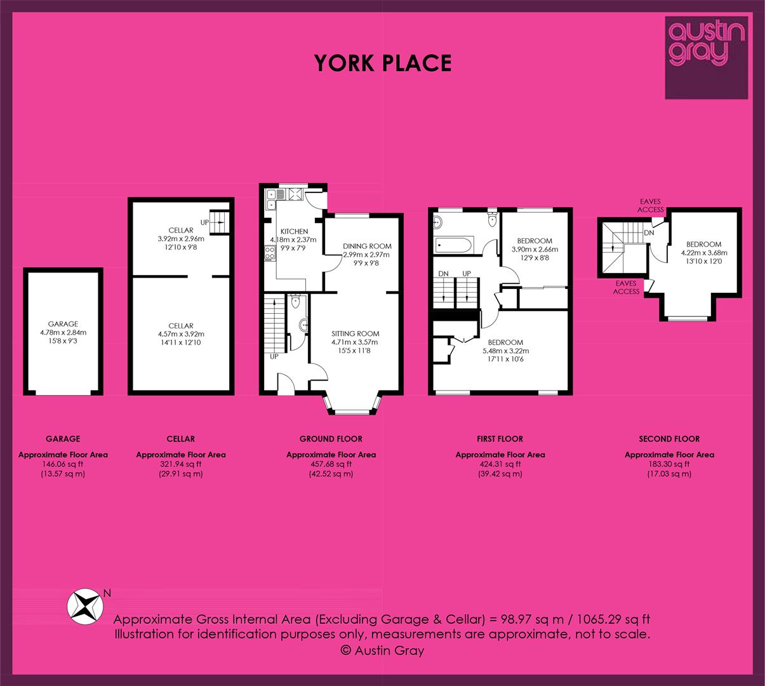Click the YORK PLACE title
[383, 63]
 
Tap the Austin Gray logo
[706, 58]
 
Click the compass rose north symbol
[85, 607]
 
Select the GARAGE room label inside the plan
[63, 324]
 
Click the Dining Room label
[367, 246]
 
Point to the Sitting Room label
[356, 333]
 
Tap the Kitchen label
[294, 231]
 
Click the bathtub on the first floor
[453, 246]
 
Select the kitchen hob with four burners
[270, 253]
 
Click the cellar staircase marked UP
[220, 222]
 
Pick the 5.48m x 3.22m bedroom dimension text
[505, 351]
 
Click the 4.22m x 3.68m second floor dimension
[704, 253]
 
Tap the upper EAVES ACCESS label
[650, 206]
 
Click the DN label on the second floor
[649, 232]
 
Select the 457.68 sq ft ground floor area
[331, 464]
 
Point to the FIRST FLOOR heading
[500, 439]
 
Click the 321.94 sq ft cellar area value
[180, 464]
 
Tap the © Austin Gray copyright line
[382, 650]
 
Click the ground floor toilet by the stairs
[295, 302]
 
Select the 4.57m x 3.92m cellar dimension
[181, 334]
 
